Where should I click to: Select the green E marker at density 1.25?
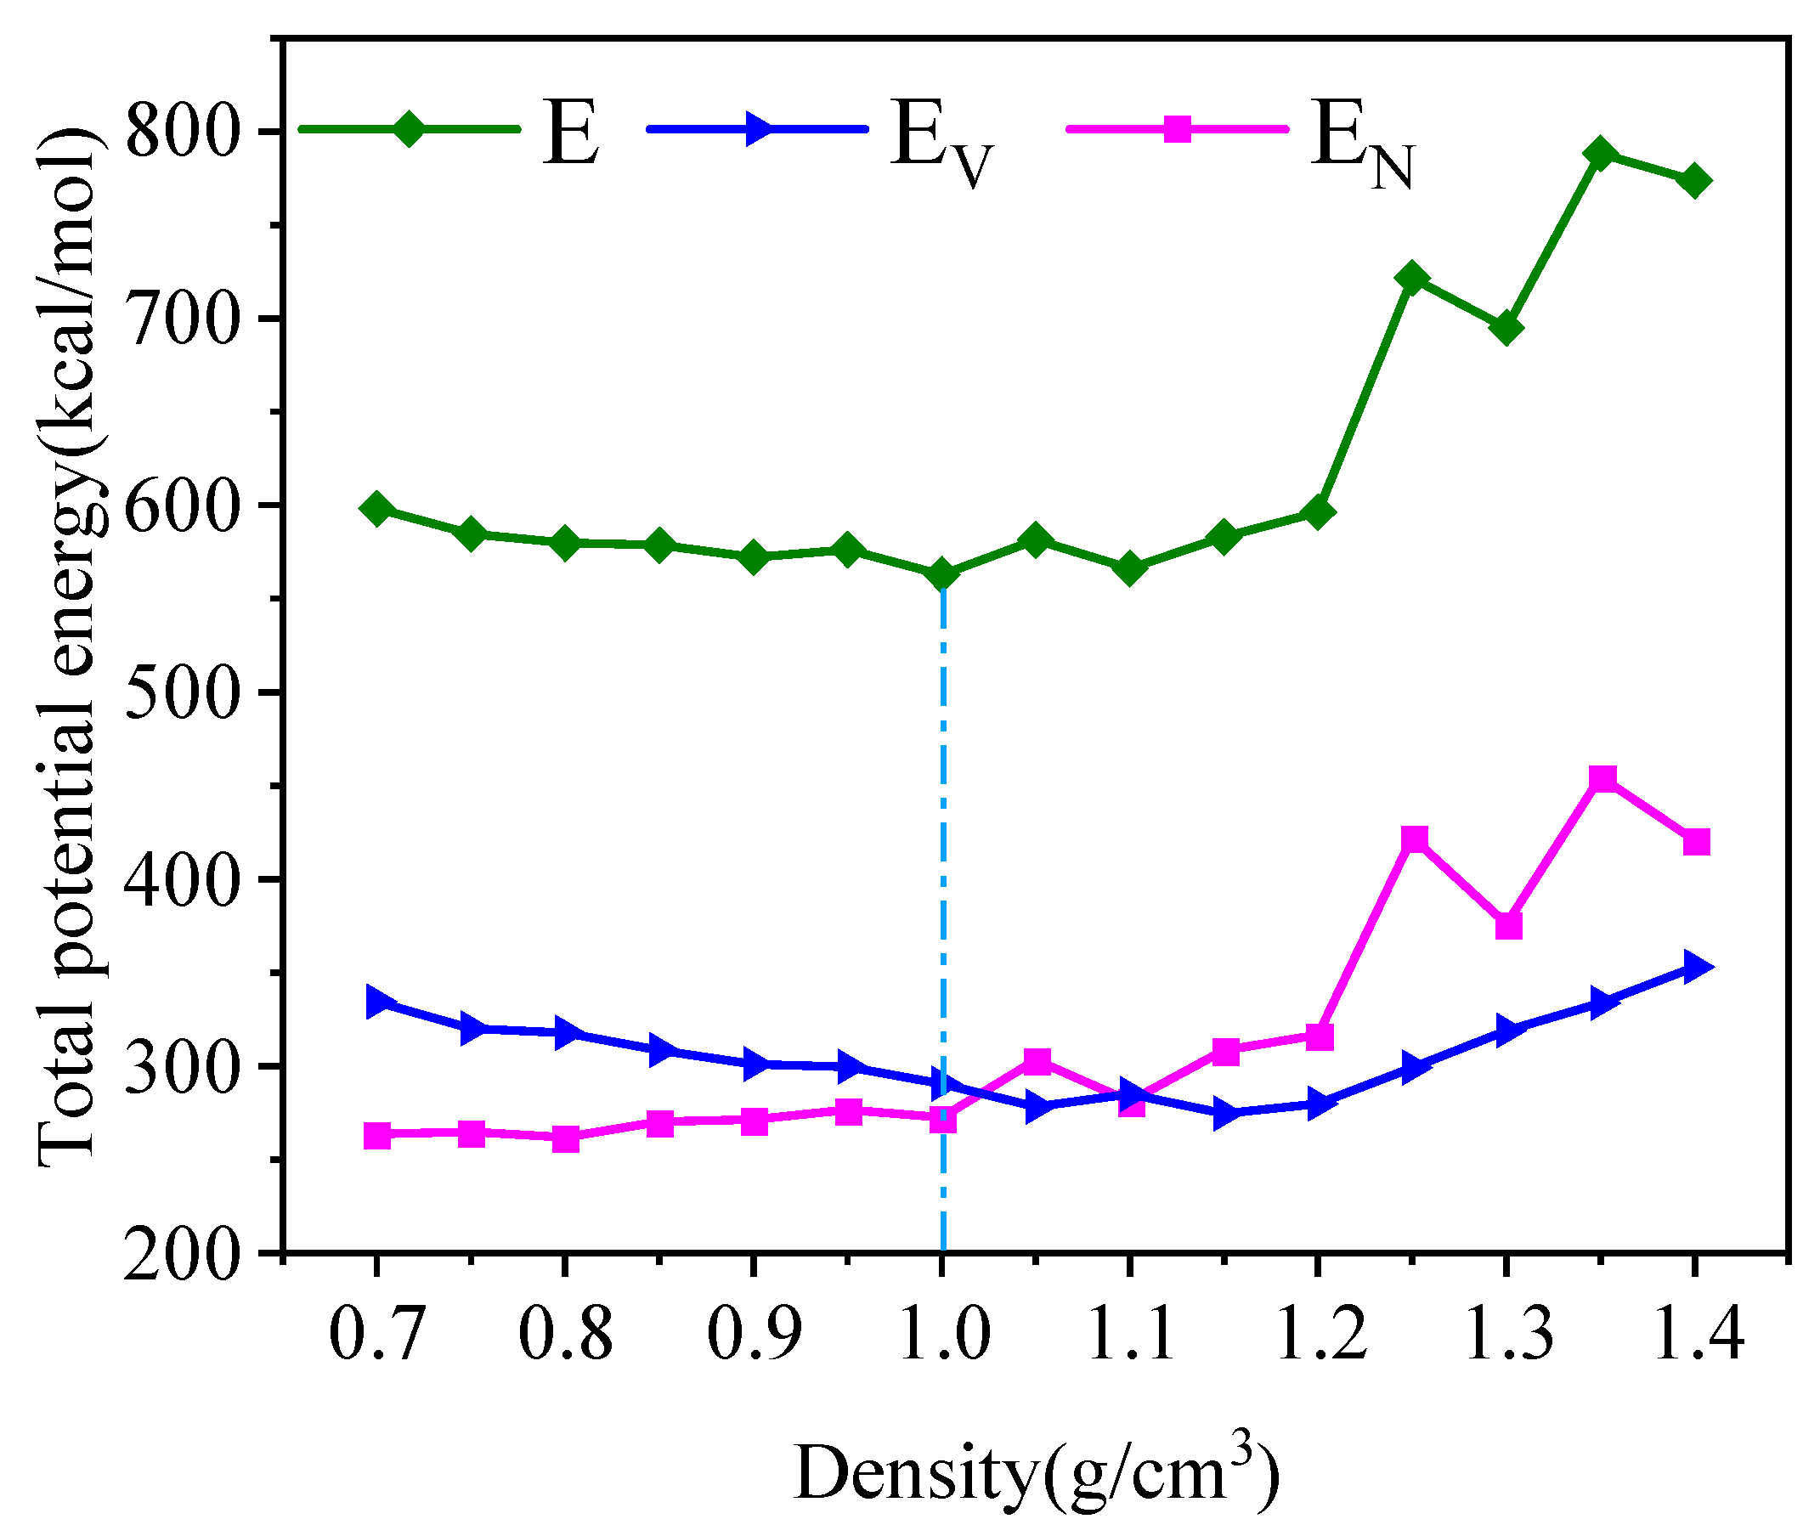(1411, 278)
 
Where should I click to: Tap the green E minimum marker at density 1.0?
(941, 574)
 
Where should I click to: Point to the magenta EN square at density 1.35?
(1603, 777)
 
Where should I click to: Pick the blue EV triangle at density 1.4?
(1694, 967)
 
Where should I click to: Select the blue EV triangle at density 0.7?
(378, 1002)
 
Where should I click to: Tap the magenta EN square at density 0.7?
(377, 1136)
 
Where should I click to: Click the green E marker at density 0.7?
(377, 508)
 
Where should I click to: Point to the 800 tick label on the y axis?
(181, 132)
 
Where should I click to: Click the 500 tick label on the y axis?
(181, 693)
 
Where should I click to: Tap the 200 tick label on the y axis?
(181, 1256)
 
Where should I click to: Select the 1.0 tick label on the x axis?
(943, 1335)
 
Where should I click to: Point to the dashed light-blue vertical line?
(943, 871)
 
